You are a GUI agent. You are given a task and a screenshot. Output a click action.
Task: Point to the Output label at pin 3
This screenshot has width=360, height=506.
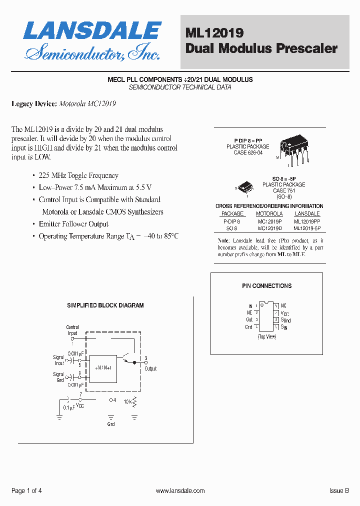150,368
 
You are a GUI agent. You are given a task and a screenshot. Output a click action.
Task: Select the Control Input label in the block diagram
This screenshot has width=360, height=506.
72,330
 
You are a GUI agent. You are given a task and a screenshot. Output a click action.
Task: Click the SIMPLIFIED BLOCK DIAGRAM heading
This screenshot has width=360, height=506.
105,305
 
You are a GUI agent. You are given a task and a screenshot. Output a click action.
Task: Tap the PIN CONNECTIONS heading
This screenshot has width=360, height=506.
266,286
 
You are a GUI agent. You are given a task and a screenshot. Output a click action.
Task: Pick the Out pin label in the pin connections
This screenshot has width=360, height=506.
249,319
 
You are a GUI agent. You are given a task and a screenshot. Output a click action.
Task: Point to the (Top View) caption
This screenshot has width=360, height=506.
266,337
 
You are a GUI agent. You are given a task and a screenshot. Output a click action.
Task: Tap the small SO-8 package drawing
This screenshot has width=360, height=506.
246,187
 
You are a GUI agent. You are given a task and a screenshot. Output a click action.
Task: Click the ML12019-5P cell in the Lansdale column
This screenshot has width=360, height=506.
307,227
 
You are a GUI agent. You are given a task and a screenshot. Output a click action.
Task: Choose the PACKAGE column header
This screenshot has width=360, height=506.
232,213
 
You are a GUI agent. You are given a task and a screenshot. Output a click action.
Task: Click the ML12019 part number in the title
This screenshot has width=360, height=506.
214,33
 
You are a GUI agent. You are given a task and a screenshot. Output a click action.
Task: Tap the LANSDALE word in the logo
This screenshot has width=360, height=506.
92,30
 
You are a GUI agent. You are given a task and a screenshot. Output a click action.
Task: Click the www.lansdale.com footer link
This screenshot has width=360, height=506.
180,491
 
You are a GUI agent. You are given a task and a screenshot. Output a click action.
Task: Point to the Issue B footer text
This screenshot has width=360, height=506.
339,491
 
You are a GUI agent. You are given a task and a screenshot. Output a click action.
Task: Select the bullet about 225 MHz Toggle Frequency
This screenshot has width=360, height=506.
78,175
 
